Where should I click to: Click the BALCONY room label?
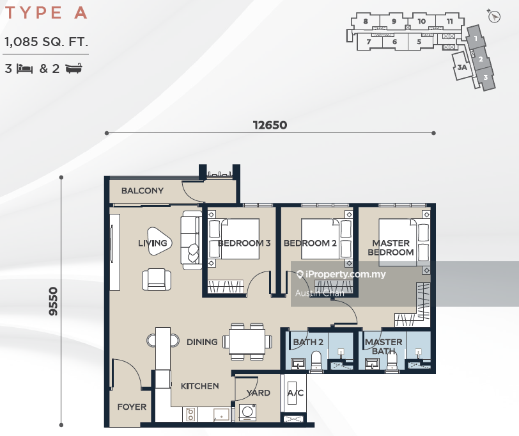[x=142, y=191]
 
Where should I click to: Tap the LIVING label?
[x=152, y=243]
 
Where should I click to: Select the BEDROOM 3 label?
[x=244, y=243]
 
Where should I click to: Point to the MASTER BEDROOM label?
[x=391, y=248]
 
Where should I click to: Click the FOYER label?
[x=132, y=407]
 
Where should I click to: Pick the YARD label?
[x=258, y=393]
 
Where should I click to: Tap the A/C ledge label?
[x=295, y=393]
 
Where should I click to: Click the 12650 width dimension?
[x=270, y=125]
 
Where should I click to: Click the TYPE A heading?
[x=45, y=13]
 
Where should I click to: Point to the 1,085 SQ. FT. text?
[x=46, y=43]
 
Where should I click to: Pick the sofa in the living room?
[x=191, y=240]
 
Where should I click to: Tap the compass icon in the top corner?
[x=493, y=17]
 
